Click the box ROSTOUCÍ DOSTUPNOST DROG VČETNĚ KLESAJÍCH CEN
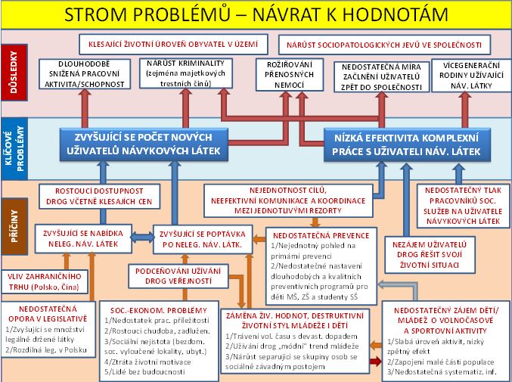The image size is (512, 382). point(99,197)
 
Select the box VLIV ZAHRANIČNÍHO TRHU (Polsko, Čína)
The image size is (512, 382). point(48,279)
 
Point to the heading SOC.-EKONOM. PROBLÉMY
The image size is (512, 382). point(158,311)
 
